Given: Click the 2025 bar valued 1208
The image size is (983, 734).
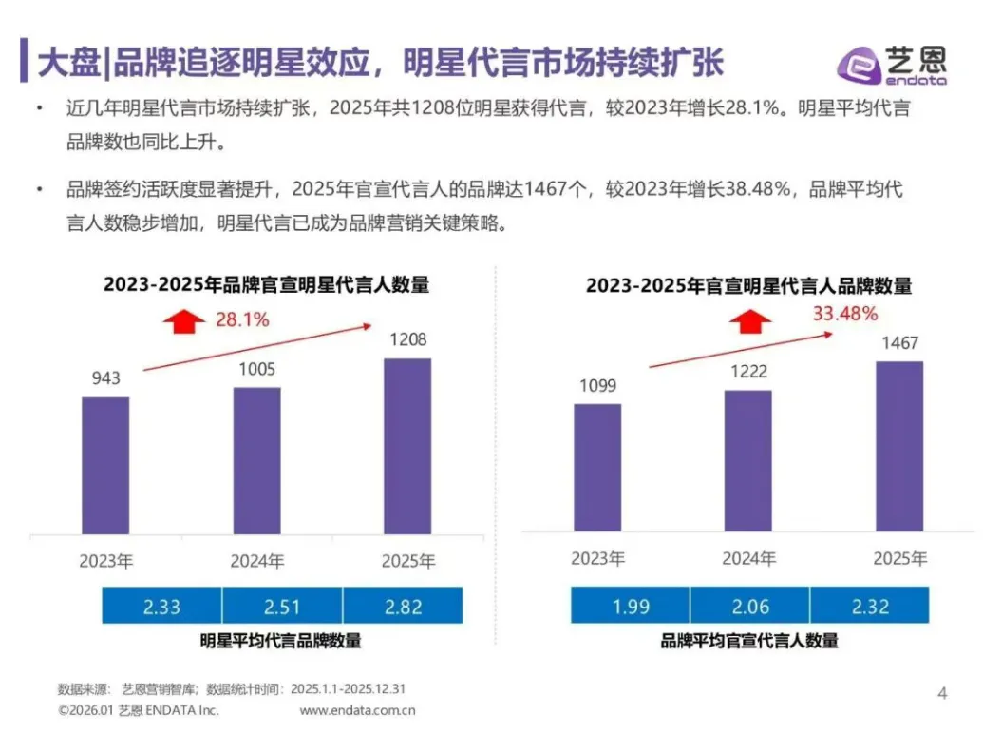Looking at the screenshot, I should [x=406, y=447].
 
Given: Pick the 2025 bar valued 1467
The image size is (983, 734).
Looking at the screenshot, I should [x=898, y=446].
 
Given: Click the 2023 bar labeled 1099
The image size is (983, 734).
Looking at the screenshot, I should [x=597, y=467].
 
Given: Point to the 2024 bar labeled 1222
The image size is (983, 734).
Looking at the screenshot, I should [x=747, y=460].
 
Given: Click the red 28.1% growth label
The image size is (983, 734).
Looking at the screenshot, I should [x=241, y=319].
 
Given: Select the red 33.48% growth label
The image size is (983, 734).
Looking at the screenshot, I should [x=843, y=313].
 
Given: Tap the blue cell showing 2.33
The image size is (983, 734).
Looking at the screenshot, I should [x=161, y=606].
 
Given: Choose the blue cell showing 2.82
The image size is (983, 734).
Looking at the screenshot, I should [x=403, y=606].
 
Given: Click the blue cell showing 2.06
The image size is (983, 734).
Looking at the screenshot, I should [x=749, y=606].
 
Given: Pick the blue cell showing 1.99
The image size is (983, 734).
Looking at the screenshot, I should [x=631, y=606].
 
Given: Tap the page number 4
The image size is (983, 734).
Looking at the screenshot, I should [x=942, y=693].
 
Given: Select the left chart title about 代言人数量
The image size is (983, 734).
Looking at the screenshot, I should [x=267, y=284].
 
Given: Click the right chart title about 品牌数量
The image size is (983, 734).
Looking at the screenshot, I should [x=748, y=285].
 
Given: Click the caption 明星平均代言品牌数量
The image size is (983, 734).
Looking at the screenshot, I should [x=280, y=641].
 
